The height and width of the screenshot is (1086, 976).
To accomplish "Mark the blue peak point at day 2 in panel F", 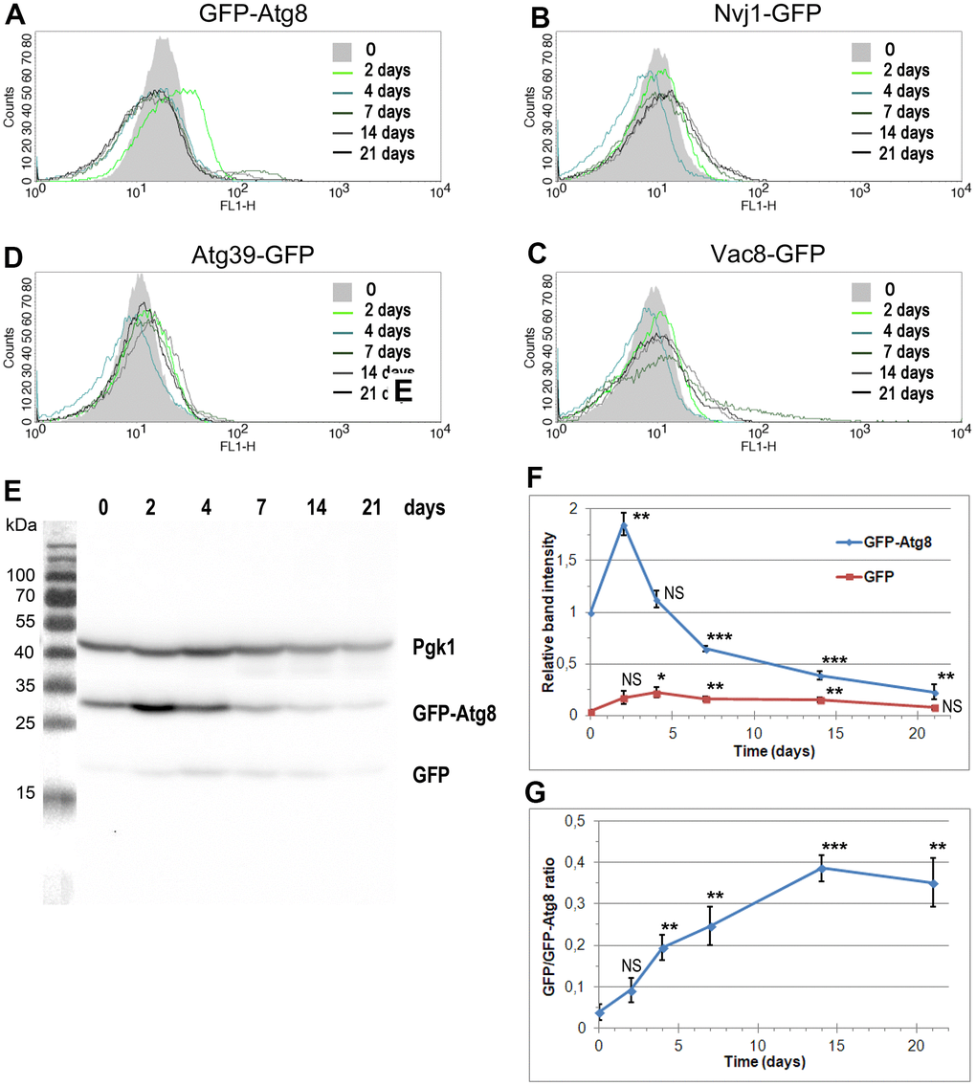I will click(624, 525).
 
